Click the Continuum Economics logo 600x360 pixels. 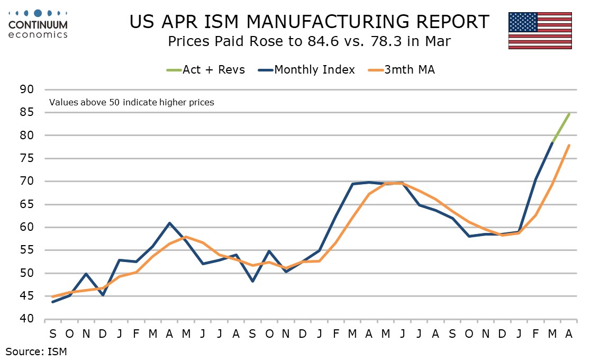38,24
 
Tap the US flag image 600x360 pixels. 540,31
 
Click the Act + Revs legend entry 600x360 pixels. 205,70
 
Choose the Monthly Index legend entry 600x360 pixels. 306,70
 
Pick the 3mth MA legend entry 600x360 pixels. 402,70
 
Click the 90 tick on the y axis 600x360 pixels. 26,89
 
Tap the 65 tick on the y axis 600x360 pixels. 26,204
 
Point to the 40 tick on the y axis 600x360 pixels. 26,319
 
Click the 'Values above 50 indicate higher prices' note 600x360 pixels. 132,102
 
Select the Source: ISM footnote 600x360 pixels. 36,351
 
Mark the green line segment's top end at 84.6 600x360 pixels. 569,114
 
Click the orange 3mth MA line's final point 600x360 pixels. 569,145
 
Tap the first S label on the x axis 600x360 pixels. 53,334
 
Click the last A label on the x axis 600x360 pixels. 569,334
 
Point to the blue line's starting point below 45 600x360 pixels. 52,302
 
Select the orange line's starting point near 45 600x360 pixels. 52,297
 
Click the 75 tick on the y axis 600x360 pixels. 26,158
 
